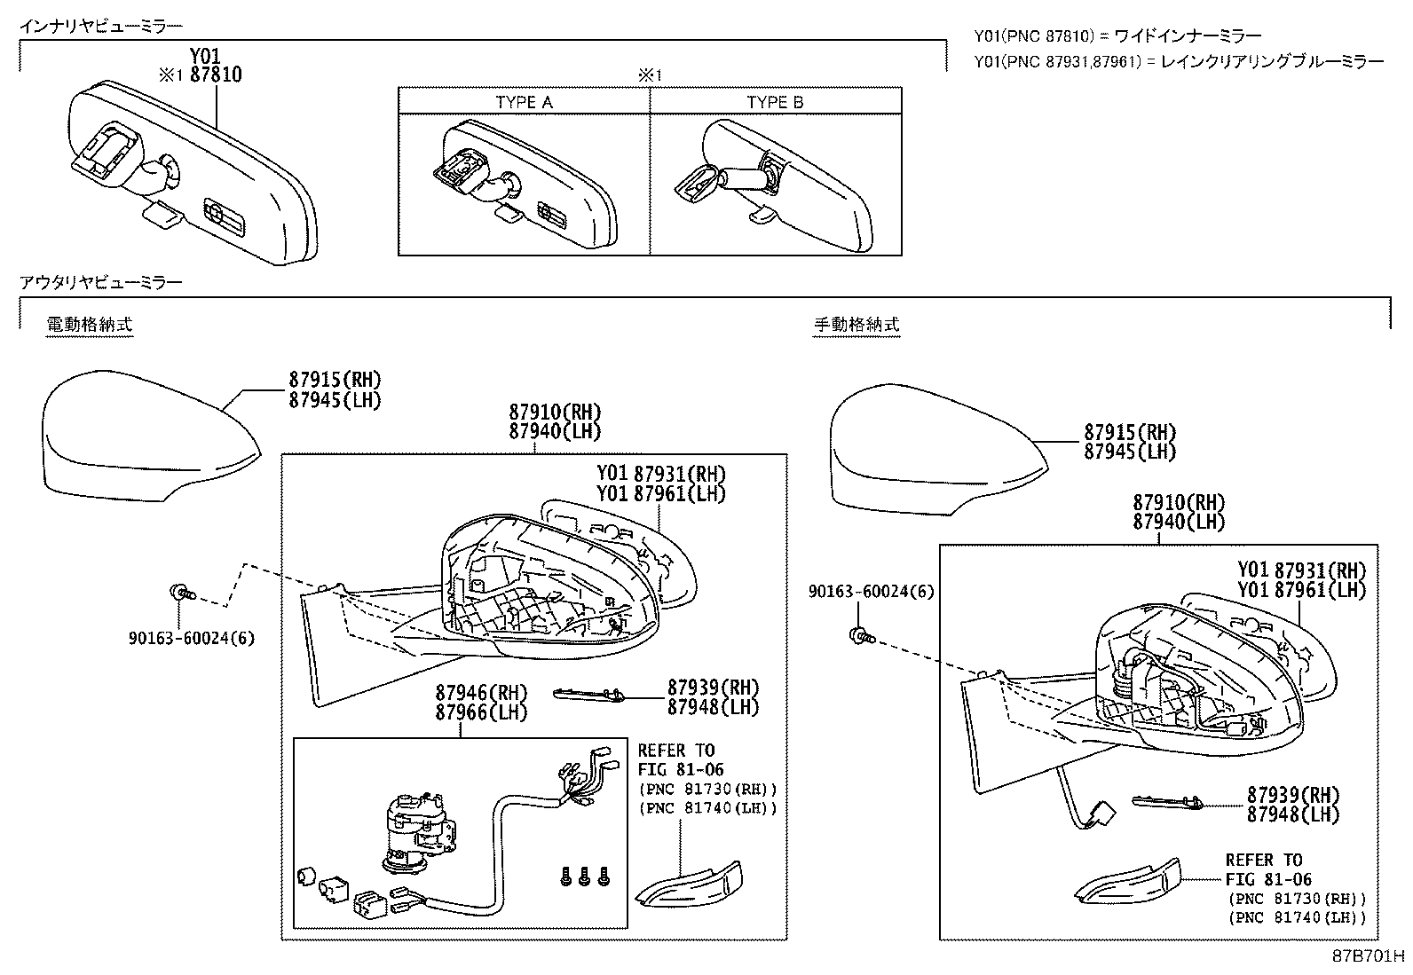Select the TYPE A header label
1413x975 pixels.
[524, 102]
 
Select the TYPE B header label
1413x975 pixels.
[775, 102]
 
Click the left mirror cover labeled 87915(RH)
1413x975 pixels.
[142, 435]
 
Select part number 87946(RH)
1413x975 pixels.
[481, 693]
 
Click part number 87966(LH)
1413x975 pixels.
[481, 712]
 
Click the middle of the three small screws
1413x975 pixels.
[585, 877]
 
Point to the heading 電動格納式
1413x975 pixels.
[89, 325]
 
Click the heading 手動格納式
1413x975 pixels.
[856, 325]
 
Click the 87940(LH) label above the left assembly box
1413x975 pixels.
[555, 432]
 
